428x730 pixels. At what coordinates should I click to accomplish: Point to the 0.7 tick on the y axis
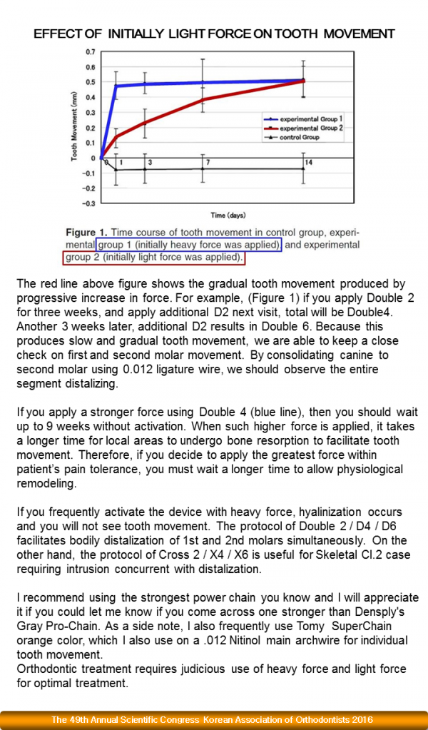click(90, 52)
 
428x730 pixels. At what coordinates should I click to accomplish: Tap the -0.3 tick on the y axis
click(88, 203)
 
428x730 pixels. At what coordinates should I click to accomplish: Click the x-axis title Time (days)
click(228, 215)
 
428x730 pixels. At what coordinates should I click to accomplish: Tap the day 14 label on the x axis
click(307, 163)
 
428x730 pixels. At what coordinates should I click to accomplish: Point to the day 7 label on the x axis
click(208, 163)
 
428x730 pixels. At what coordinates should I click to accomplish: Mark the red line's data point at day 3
click(145, 123)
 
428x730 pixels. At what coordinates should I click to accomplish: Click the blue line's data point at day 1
click(116, 86)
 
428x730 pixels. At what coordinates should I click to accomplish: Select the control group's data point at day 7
click(203, 168)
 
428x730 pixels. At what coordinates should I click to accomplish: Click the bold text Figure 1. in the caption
click(91, 233)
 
